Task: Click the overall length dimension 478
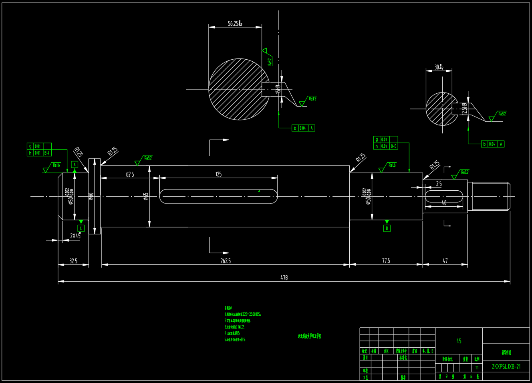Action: [284, 277]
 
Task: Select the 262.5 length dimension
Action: [226, 261]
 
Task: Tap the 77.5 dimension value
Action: [386, 260]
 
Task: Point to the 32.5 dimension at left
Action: [73, 261]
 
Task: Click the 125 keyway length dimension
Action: [218, 174]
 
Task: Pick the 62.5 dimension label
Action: [130, 174]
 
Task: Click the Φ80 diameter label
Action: [91, 196]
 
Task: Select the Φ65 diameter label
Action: [146, 196]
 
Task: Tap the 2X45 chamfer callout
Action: [75, 236]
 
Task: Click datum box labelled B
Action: [387, 228]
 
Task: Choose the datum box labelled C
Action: [81, 228]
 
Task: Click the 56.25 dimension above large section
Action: [235, 24]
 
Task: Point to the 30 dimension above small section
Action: [439, 67]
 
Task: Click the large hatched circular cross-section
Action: [236, 89]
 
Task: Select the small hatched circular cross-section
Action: [440, 109]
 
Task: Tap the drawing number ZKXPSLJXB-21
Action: [506, 367]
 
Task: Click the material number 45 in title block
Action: [459, 341]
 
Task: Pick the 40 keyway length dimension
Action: [444, 203]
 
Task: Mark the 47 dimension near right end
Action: [445, 260]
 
